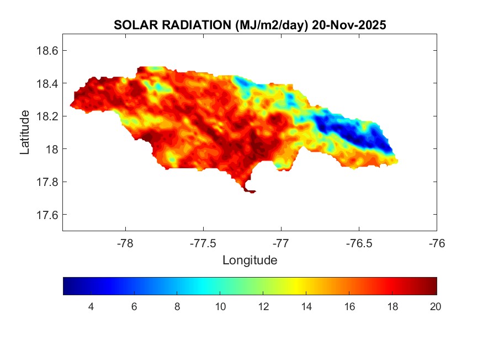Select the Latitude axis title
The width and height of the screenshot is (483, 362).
[25, 132]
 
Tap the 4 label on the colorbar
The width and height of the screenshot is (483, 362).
[91, 307]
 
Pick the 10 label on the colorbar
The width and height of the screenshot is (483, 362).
[220, 307]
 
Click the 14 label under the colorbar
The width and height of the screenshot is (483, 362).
[306, 307]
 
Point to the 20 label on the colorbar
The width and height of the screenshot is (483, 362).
[435, 307]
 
